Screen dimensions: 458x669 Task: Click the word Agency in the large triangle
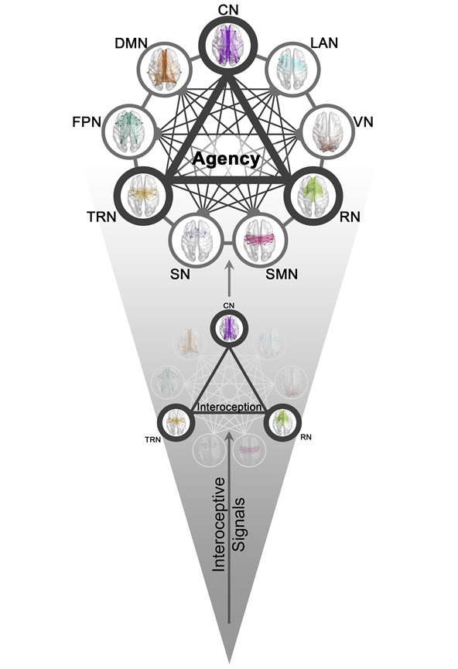pyautogui.click(x=226, y=159)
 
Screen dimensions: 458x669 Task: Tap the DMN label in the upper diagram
pyautogui.click(x=131, y=43)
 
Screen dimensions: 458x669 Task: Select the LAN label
pyautogui.click(x=324, y=43)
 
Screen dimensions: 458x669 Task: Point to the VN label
pyautogui.click(x=364, y=122)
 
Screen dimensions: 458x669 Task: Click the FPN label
pyautogui.click(x=87, y=122)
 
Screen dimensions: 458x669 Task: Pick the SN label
pyautogui.click(x=180, y=274)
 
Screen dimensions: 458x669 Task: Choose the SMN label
pyautogui.click(x=282, y=274)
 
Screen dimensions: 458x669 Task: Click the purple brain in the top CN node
pyautogui.click(x=228, y=44)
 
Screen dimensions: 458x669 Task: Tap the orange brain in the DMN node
pyautogui.click(x=164, y=68)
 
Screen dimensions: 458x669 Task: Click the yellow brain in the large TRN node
pyautogui.click(x=142, y=195)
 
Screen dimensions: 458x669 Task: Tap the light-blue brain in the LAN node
pyautogui.click(x=292, y=68)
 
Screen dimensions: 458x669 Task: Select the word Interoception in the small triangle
pyautogui.click(x=229, y=407)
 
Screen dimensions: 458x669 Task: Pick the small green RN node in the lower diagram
pyautogui.click(x=282, y=423)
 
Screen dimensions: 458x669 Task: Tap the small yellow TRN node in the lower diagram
pyautogui.click(x=176, y=423)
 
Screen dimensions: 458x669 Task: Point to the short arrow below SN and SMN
pyautogui.click(x=229, y=280)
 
